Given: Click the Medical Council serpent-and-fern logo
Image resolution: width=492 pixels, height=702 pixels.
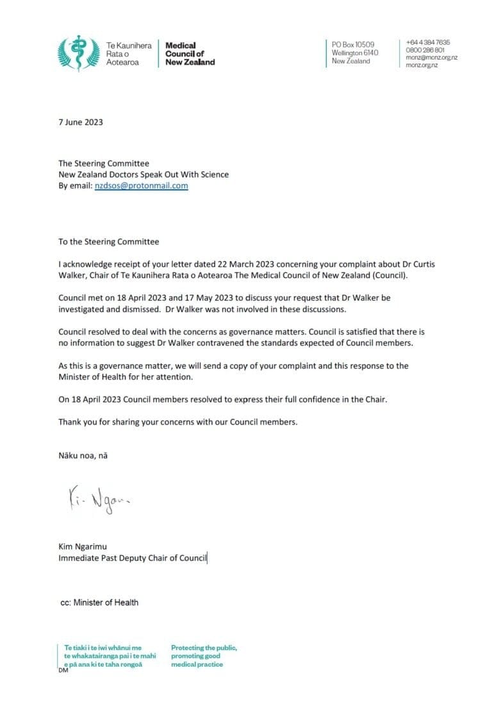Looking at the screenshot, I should (77, 53).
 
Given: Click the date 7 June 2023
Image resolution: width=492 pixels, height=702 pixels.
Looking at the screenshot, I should (80, 122).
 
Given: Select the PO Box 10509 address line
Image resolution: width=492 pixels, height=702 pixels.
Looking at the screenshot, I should (353, 44).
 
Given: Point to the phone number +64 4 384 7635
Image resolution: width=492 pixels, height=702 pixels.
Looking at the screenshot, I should (427, 42).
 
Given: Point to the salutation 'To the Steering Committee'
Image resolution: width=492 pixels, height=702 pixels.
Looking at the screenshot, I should (108, 242).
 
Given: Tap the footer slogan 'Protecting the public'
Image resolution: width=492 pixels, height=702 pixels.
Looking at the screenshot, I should (204, 648).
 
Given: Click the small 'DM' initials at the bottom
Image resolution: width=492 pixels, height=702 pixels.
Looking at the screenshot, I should (63, 671).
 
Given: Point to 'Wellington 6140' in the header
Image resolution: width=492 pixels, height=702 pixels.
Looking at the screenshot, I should (355, 53).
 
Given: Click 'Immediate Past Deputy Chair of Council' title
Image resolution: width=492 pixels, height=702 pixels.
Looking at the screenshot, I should (133, 558).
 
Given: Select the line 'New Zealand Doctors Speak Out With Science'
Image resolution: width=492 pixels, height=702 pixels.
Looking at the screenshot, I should (143, 174).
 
